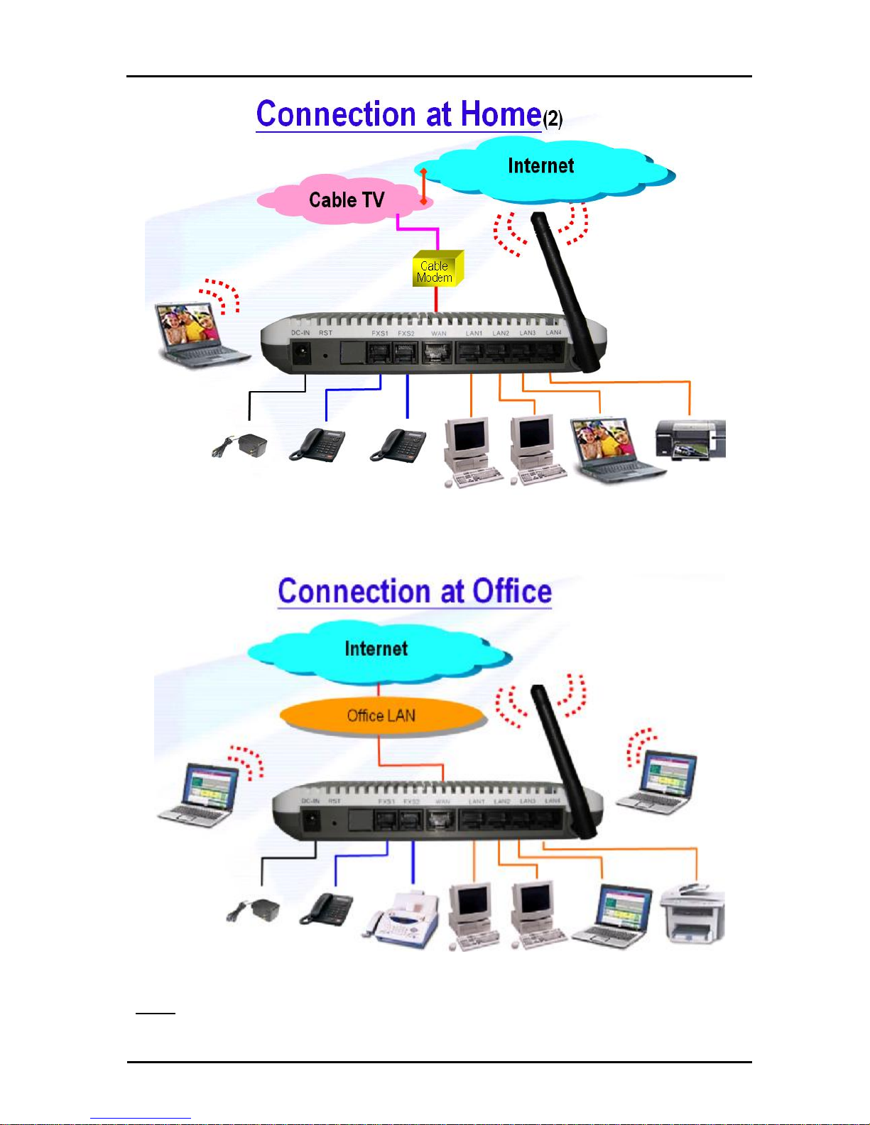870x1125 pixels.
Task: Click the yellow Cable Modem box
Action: [437, 270]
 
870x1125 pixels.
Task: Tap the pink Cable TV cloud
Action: [346, 200]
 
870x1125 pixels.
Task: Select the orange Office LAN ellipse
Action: [382, 715]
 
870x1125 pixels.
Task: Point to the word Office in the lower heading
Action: [512, 591]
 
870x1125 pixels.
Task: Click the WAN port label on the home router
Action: [439, 334]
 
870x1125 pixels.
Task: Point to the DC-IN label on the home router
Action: [300, 333]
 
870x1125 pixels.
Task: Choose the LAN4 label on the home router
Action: [553, 333]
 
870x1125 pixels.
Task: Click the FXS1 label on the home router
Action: [380, 334]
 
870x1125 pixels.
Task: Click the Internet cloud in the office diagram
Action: [376, 649]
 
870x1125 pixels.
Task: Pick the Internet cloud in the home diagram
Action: [541, 166]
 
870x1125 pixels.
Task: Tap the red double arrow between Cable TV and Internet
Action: [423, 186]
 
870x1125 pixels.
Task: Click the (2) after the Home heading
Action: [553, 119]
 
